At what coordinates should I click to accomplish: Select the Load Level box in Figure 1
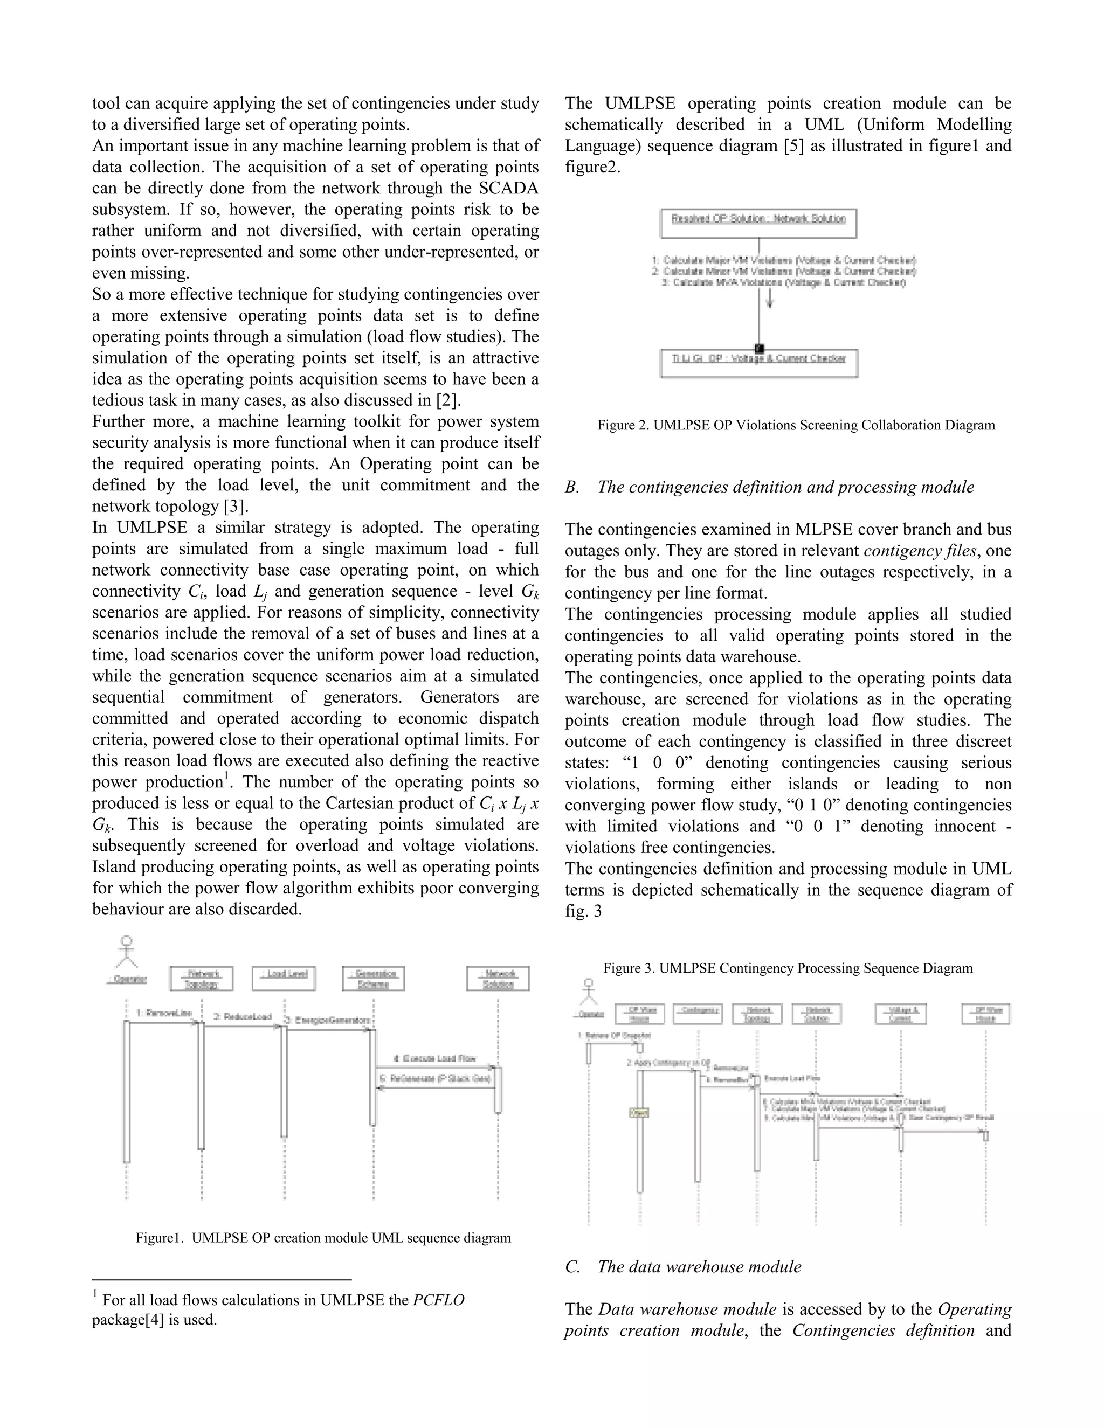point(284,978)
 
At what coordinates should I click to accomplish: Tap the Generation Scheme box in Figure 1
point(373,978)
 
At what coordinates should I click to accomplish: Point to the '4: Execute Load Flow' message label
point(434,1058)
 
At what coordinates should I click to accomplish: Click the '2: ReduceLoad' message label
point(242,1017)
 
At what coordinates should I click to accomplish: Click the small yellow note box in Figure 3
point(639,1112)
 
